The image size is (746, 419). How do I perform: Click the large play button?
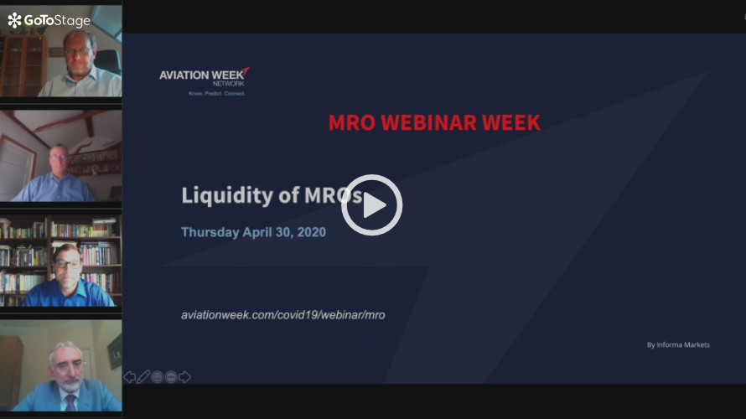[x=371, y=205]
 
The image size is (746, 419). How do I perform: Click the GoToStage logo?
[x=49, y=20]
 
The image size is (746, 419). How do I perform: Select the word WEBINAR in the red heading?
[x=428, y=122]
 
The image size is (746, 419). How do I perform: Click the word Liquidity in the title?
[x=227, y=195]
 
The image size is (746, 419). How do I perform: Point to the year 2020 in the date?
[x=312, y=232]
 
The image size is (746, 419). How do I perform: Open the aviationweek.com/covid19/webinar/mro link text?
[x=283, y=315]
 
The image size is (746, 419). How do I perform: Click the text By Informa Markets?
[x=678, y=344]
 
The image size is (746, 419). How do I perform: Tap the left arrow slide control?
[x=129, y=377]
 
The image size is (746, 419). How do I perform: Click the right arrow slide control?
[x=184, y=377]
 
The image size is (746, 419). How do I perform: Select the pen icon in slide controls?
[x=143, y=377]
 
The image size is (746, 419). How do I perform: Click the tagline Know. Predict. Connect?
[x=217, y=94]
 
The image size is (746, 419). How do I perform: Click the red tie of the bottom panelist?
[x=71, y=403]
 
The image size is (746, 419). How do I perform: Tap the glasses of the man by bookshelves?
[x=67, y=264]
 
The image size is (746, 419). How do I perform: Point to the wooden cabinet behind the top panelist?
[x=23, y=65]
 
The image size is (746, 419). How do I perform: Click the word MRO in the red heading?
[x=351, y=122]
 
